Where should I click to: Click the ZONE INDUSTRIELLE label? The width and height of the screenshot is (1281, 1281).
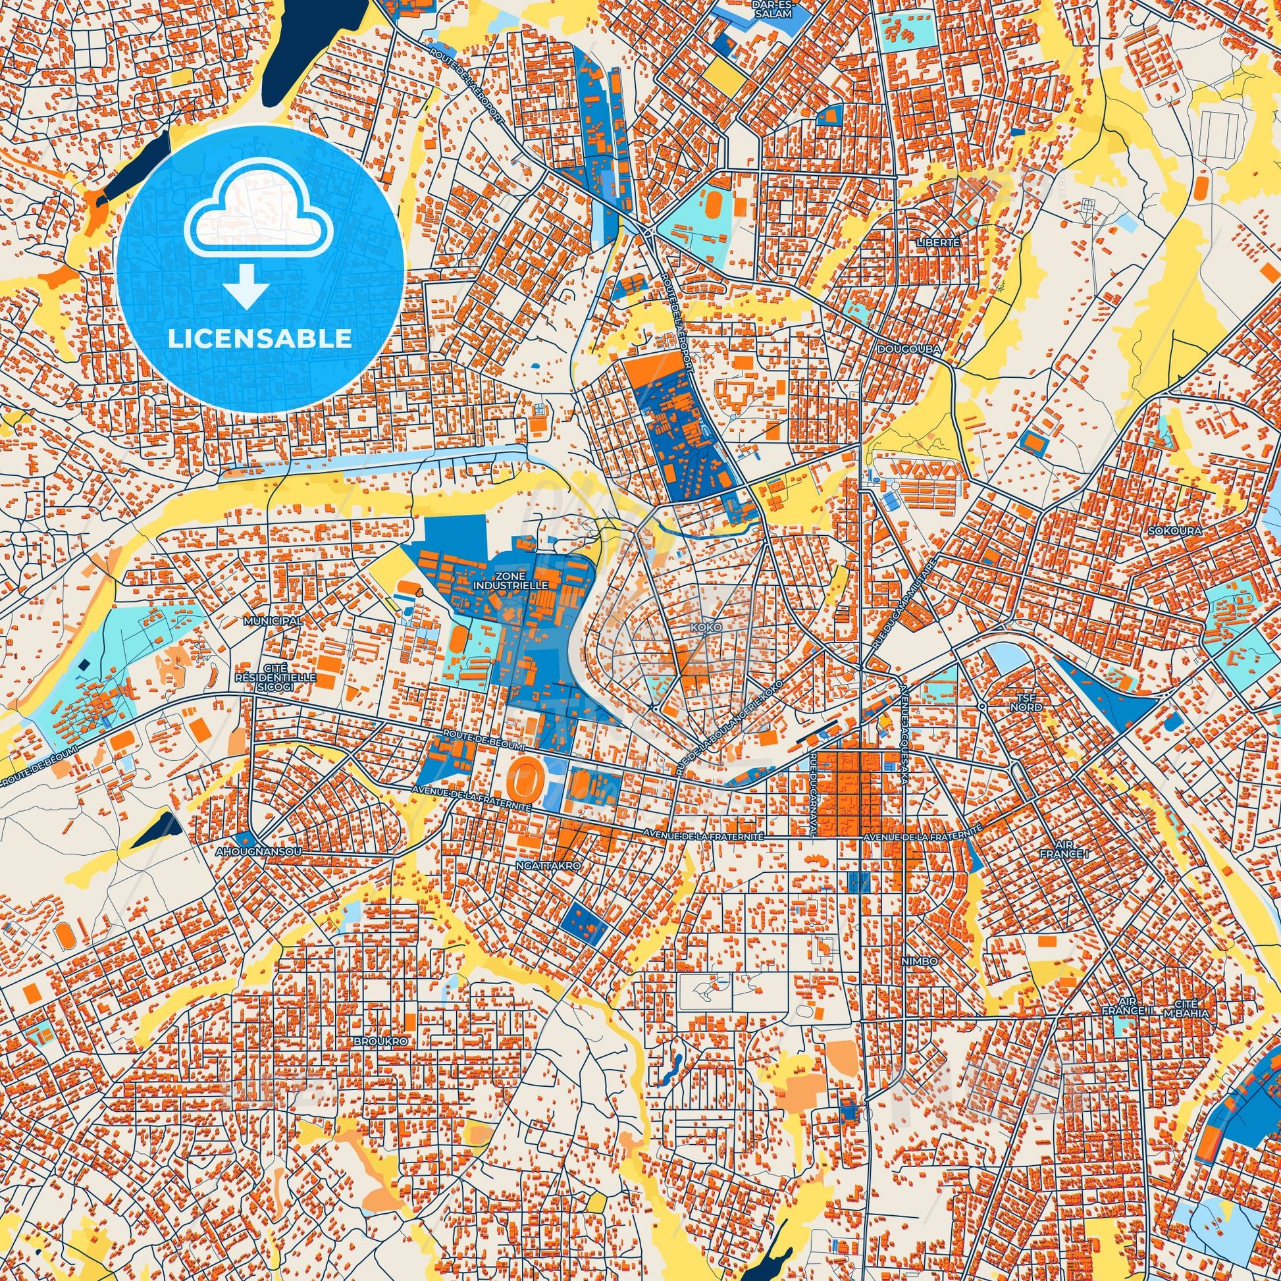coord(511,581)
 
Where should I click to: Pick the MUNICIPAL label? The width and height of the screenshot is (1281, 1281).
coord(273,621)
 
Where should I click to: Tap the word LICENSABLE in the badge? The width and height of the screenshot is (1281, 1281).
coord(260,338)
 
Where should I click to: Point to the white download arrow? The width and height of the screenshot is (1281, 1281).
coord(246,286)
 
